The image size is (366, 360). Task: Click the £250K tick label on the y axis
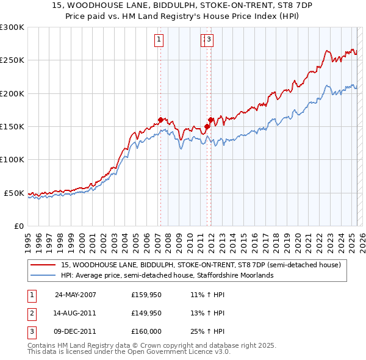pyautogui.click(x=12, y=60)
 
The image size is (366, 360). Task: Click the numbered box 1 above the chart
pyautogui.click(x=159, y=40)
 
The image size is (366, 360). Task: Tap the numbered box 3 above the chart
pyautogui.click(x=209, y=40)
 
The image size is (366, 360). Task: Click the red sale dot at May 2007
pyautogui.click(x=160, y=120)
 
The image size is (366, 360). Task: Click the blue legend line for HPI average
pyautogui.click(x=43, y=275)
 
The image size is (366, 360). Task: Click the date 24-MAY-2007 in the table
pyautogui.click(x=76, y=295)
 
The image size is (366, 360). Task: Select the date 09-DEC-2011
pyautogui.click(x=76, y=331)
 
